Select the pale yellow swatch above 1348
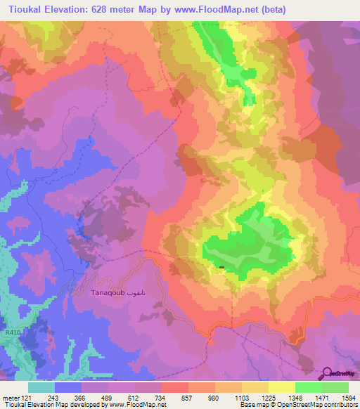click(x=282, y=387)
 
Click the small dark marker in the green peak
click(x=222, y=267)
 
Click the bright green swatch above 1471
click(x=309, y=387)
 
